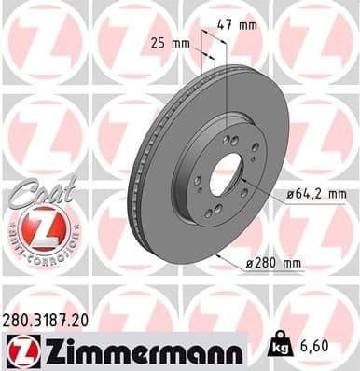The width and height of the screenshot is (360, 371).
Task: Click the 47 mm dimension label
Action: (239, 24)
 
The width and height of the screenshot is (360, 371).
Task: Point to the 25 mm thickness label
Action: (171, 42)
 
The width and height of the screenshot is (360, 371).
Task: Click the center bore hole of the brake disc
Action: (227, 178)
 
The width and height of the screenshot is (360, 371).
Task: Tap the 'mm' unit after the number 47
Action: (248, 24)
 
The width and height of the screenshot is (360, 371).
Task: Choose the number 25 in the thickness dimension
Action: (159, 42)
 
